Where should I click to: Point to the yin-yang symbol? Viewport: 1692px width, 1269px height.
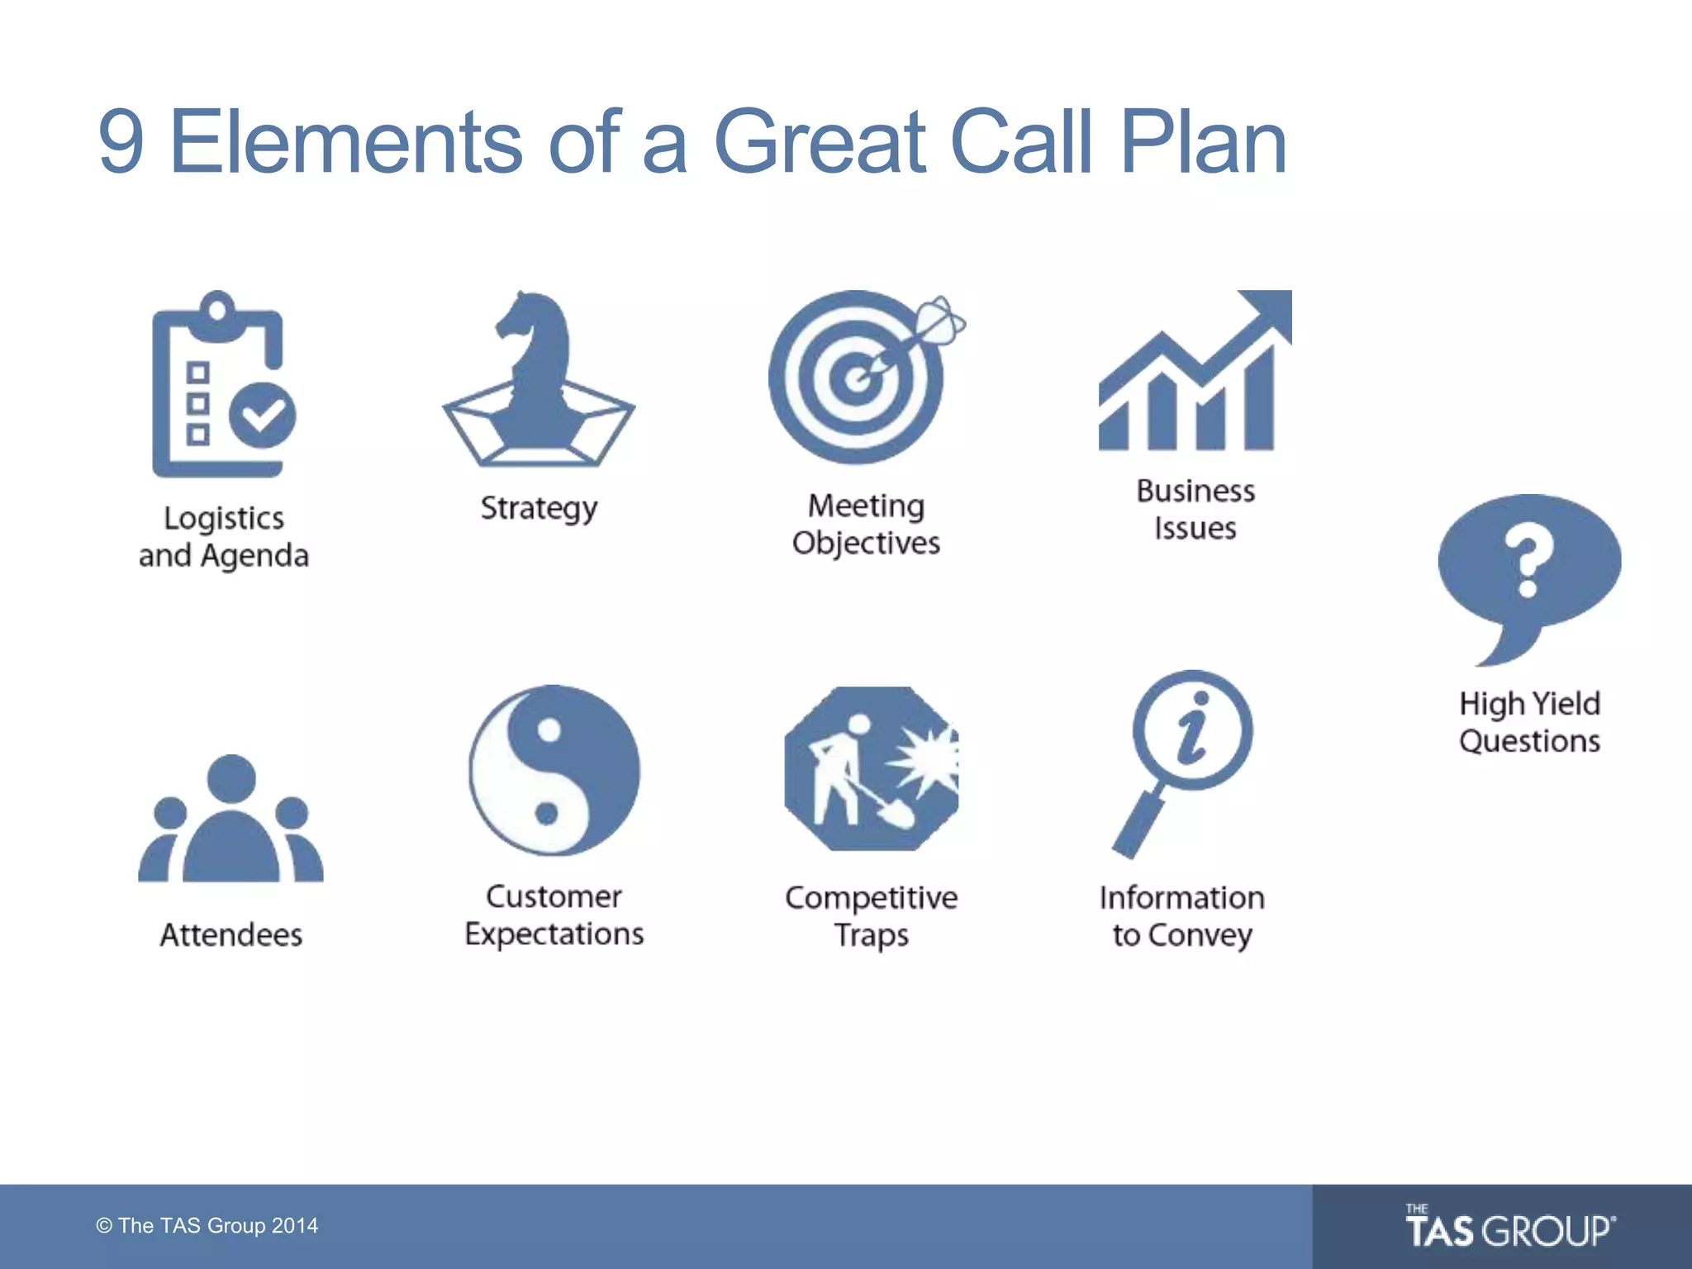(x=554, y=770)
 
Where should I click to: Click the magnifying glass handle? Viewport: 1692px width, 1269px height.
(x=1136, y=826)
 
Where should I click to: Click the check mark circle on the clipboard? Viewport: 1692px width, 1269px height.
(x=263, y=416)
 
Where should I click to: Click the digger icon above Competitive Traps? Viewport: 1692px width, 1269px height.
(x=871, y=768)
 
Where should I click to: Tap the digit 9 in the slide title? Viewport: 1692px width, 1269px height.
(x=121, y=142)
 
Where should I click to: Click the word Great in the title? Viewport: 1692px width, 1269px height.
(x=820, y=142)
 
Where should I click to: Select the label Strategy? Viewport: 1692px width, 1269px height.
(x=539, y=508)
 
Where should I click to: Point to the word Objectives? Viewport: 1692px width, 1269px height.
(x=866, y=544)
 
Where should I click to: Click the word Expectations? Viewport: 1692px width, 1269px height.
(x=554, y=934)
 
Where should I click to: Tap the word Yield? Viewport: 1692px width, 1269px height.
(x=1566, y=704)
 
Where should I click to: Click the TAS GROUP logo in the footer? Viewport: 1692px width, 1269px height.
(x=1509, y=1229)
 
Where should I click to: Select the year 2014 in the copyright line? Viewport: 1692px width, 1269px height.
(x=295, y=1226)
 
